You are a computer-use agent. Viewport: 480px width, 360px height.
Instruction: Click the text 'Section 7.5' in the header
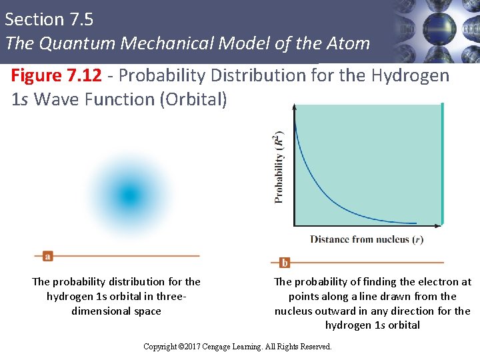click(49, 19)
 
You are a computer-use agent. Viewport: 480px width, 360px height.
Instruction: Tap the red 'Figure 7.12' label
click(57, 75)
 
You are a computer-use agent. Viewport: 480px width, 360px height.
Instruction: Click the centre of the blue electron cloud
click(129, 195)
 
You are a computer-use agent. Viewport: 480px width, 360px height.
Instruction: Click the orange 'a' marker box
click(47, 256)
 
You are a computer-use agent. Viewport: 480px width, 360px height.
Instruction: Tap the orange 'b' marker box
click(285, 263)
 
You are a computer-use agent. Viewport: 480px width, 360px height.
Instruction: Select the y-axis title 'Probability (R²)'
click(279, 166)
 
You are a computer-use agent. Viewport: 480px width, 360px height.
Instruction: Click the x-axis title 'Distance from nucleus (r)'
click(367, 239)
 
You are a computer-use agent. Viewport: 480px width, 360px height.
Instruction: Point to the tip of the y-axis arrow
click(294, 104)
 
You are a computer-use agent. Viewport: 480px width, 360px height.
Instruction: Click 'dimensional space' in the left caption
click(116, 311)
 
